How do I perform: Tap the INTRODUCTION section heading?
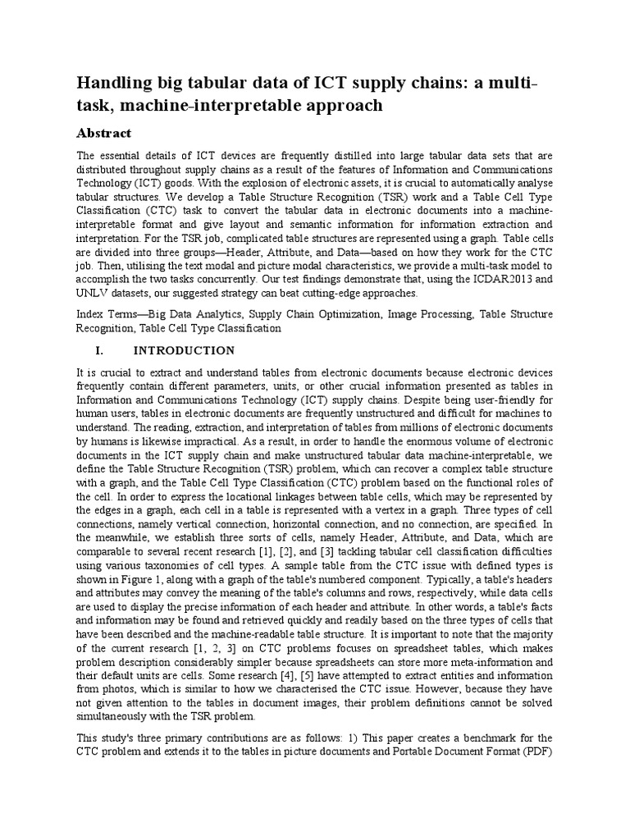pyautogui.click(x=184, y=350)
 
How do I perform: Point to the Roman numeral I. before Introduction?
pyautogui.click(x=101, y=350)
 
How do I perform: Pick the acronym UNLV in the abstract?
pyautogui.click(x=93, y=293)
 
